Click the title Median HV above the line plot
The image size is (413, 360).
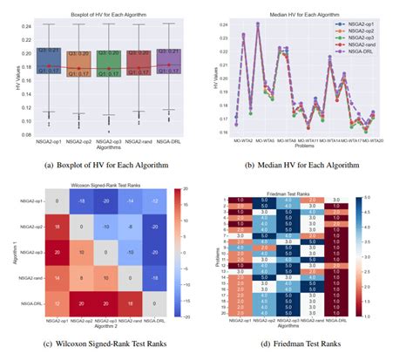point(305,11)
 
